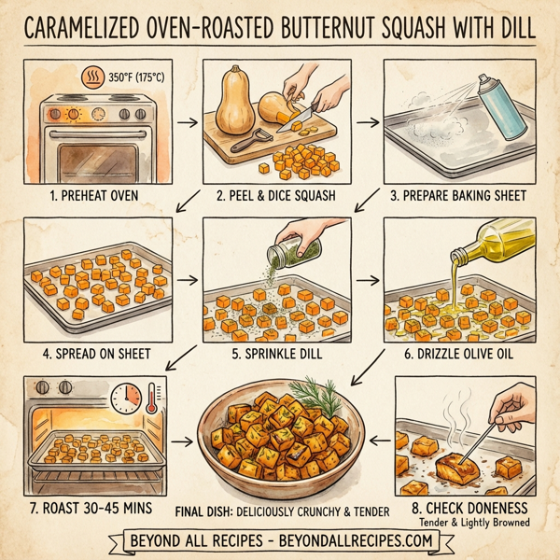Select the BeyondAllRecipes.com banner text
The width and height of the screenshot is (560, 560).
point(280,540)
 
